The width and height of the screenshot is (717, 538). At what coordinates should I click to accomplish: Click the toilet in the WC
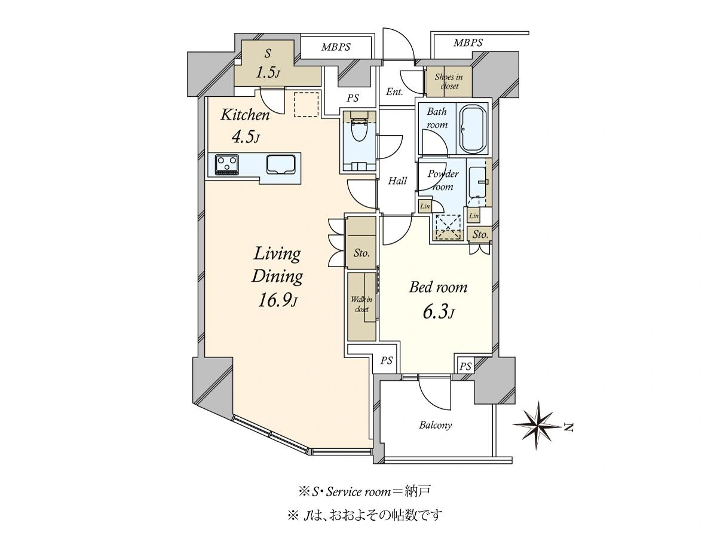(x=359, y=127)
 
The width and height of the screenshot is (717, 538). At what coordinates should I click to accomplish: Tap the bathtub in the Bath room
(x=473, y=129)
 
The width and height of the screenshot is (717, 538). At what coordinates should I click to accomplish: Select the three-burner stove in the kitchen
(x=226, y=164)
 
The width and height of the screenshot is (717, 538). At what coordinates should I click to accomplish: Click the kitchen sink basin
(x=281, y=164)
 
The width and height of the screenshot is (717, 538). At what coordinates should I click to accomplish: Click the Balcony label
(x=436, y=425)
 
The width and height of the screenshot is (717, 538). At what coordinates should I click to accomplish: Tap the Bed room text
(x=438, y=288)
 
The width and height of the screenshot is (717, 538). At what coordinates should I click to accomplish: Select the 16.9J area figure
(x=277, y=301)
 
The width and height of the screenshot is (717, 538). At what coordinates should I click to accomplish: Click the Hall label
(x=397, y=181)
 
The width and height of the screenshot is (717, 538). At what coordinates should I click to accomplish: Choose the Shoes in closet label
(x=449, y=81)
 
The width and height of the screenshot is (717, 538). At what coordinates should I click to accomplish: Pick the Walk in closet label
(x=361, y=304)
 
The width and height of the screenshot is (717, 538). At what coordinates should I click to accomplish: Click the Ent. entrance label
(x=394, y=92)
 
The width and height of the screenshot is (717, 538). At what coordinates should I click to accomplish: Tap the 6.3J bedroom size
(x=439, y=313)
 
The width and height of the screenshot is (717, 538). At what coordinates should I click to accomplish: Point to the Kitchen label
(x=246, y=115)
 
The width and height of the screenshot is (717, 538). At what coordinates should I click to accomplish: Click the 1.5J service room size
(x=268, y=73)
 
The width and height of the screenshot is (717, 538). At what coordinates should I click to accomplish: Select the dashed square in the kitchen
(x=306, y=104)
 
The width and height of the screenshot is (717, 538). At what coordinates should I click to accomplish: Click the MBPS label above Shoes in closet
(x=468, y=42)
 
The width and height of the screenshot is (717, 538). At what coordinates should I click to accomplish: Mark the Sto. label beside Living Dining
(x=361, y=253)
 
